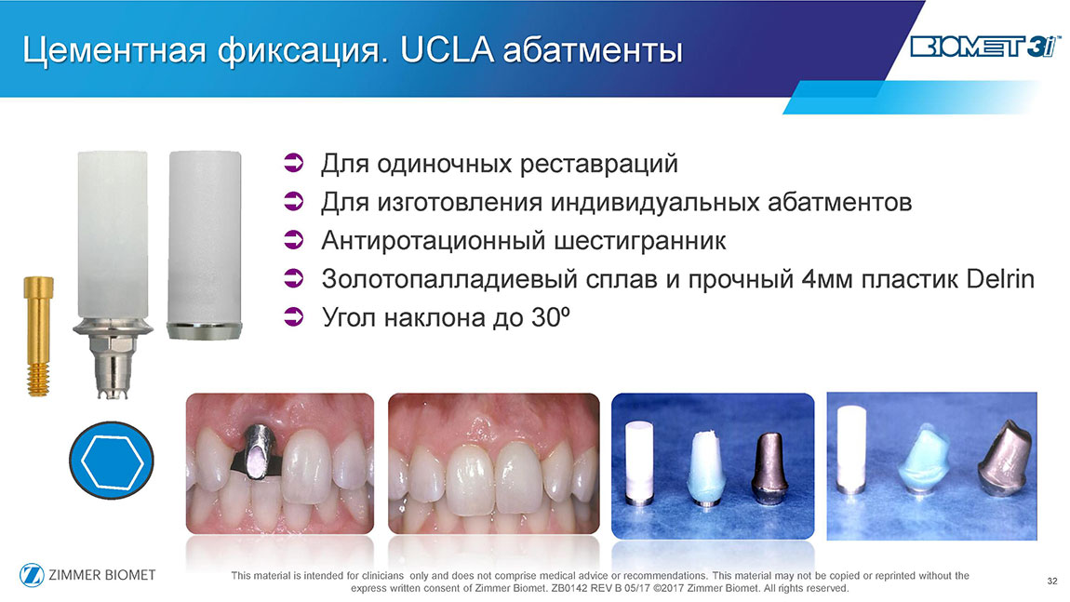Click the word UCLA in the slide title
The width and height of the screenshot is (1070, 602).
pyautogui.click(x=448, y=50)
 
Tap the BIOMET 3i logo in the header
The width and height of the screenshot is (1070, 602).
pyautogui.click(x=984, y=47)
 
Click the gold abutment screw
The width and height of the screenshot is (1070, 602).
pyautogui.click(x=38, y=336)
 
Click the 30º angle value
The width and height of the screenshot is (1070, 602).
pyautogui.click(x=549, y=317)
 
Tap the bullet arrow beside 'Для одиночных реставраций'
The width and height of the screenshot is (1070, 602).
pyautogui.click(x=293, y=164)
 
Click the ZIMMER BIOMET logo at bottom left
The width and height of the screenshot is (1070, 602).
pyautogui.click(x=88, y=575)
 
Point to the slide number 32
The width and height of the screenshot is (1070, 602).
pyautogui.click(x=1052, y=581)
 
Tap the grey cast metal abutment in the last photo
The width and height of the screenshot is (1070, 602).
pyautogui.click(x=1002, y=456)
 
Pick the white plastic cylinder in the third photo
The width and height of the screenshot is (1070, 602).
pyautogui.click(x=639, y=462)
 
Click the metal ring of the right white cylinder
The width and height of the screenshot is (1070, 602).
pyautogui.click(x=204, y=331)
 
